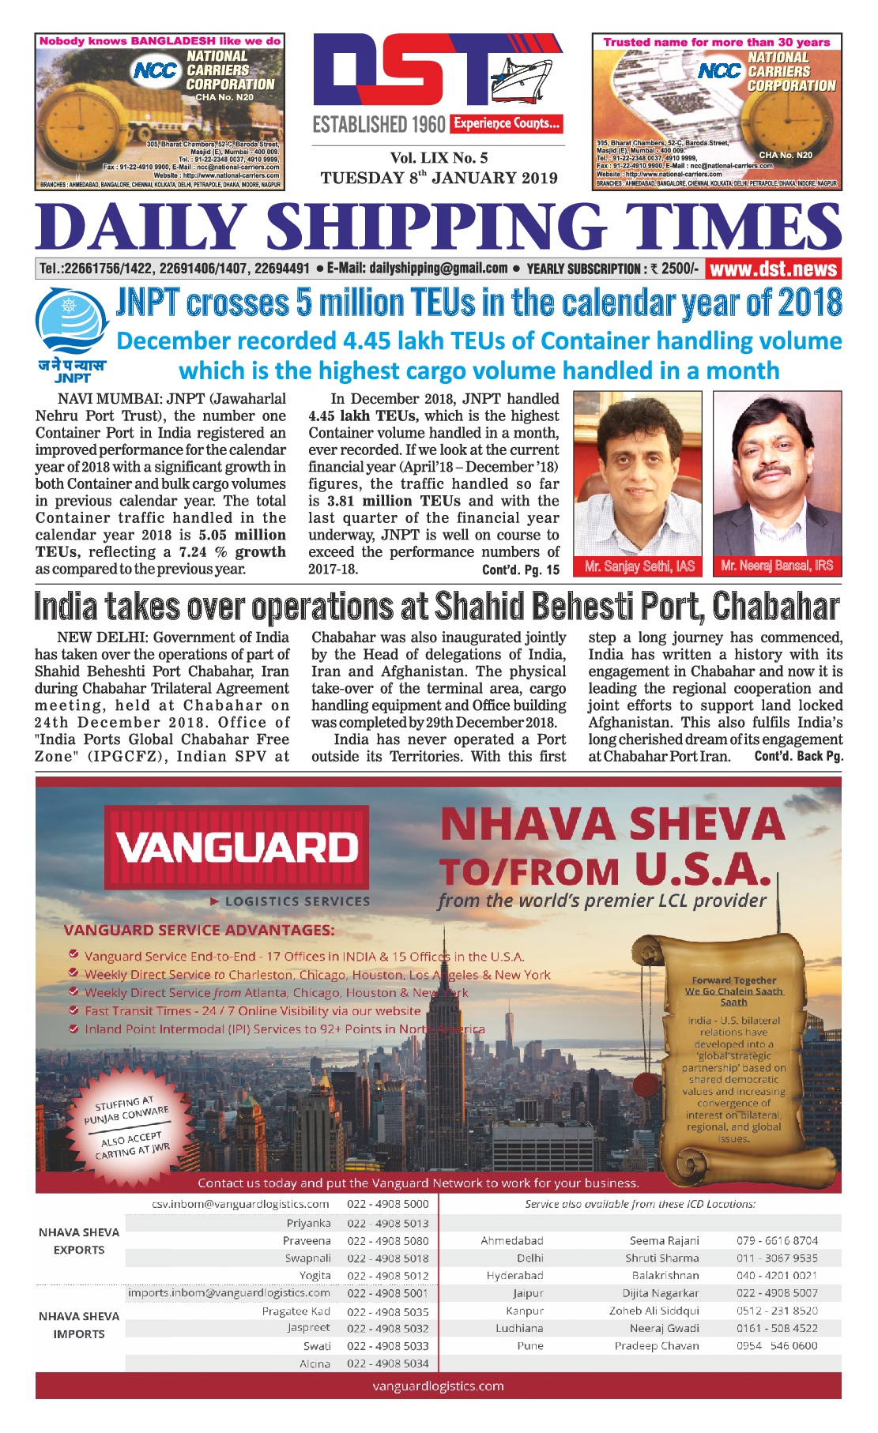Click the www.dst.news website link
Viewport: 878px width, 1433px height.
click(x=773, y=269)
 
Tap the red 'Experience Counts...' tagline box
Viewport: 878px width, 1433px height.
click(x=507, y=123)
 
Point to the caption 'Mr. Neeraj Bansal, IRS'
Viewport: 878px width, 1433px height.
click(x=777, y=566)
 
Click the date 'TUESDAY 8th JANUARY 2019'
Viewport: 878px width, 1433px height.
click(x=439, y=178)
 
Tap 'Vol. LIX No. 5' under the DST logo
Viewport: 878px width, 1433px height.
click(x=439, y=158)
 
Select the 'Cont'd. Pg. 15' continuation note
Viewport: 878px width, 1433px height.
click(x=520, y=570)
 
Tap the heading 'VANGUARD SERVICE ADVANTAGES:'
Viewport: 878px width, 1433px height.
click(x=199, y=930)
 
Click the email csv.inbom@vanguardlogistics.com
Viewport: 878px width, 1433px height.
click(x=240, y=1204)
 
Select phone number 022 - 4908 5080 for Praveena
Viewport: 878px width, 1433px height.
click(x=388, y=1240)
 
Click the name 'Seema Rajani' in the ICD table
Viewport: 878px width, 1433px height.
click(x=664, y=1240)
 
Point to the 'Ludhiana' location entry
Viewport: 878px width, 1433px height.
click(x=519, y=1328)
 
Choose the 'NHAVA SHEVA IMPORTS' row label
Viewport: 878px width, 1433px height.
click(x=79, y=1325)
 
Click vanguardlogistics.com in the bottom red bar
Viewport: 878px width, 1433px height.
click(x=438, y=1386)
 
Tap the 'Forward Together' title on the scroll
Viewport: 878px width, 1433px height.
click(x=733, y=980)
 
